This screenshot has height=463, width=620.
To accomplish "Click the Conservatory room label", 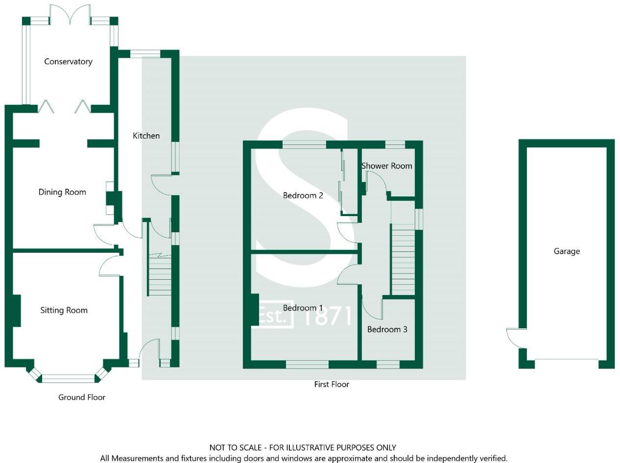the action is [68, 62].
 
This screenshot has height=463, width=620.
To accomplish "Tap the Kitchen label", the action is [146, 136].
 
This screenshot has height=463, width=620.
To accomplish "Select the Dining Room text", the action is [62, 192].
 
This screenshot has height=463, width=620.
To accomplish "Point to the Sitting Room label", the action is [64, 310].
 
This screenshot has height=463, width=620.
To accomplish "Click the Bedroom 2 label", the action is [303, 195].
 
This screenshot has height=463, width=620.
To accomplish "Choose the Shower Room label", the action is [386, 166].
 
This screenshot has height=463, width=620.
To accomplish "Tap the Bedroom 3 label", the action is [387, 329].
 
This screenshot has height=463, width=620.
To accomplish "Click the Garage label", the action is [567, 251].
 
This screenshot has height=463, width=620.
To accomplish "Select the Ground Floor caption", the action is [82, 397].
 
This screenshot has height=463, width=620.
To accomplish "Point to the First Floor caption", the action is [332, 385].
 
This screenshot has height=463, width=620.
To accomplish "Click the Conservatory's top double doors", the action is [70, 14].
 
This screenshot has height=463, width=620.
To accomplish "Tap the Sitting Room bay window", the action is [68, 378].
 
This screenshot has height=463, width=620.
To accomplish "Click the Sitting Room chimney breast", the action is [16, 311].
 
